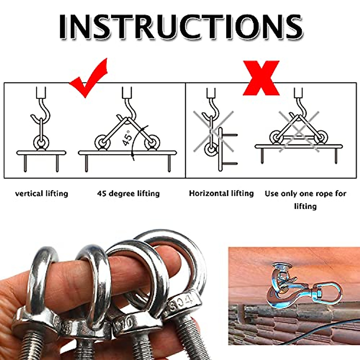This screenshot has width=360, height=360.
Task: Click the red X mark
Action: [261, 78]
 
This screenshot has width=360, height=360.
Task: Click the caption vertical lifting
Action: [41, 193]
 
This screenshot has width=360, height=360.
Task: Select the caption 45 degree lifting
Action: [128, 193]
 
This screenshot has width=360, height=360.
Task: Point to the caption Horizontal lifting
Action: [221, 193]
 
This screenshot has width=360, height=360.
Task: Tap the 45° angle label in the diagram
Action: [127, 138]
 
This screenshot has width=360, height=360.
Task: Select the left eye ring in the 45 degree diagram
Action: [102, 141]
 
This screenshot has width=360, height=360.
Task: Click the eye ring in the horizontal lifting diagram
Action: [211, 149]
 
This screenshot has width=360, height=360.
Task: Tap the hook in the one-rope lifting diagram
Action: [301, 108]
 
